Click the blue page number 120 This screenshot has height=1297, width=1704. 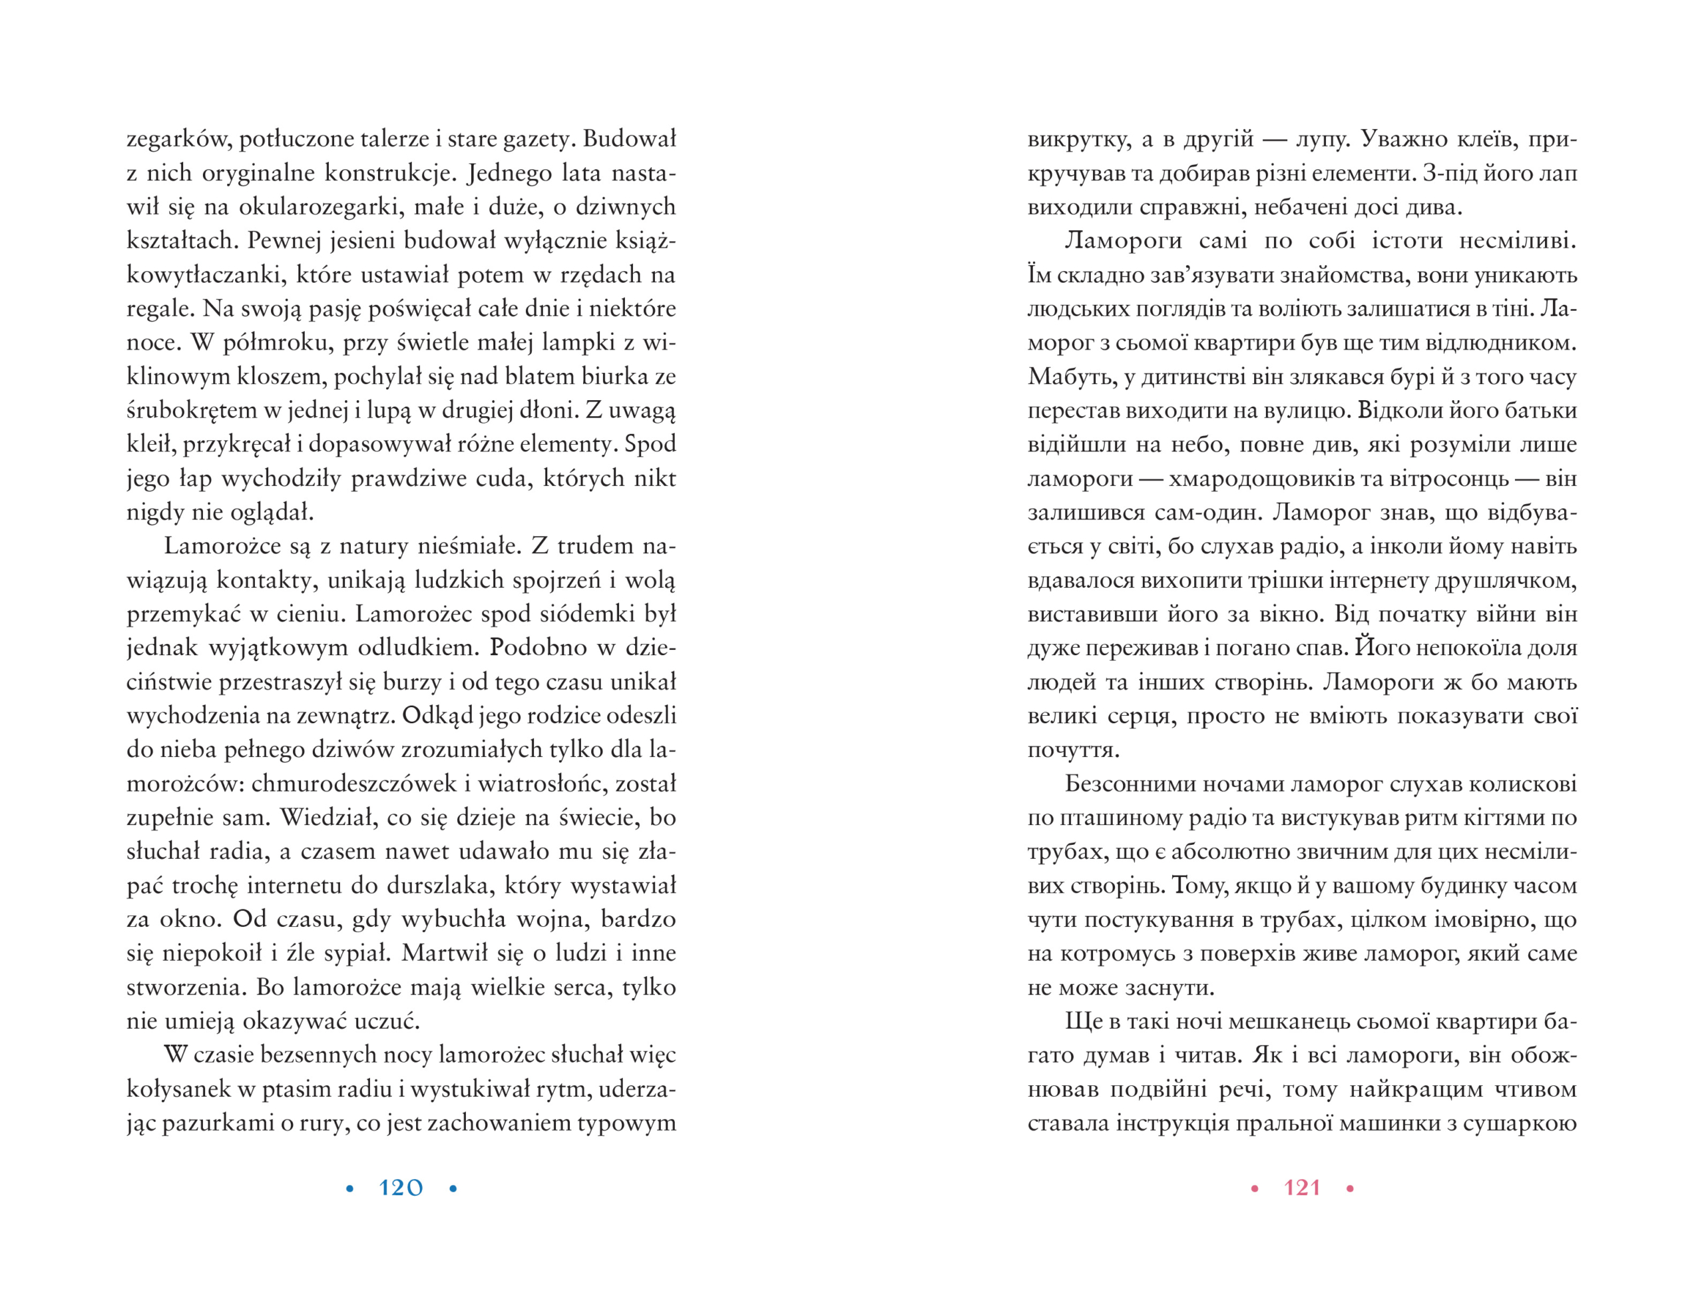401,1187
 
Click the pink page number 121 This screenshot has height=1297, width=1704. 1302,1187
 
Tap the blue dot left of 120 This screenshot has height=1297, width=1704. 349,1189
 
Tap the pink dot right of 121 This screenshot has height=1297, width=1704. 1350,1189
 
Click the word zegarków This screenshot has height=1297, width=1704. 177,140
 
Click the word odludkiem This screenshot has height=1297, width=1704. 417,648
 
